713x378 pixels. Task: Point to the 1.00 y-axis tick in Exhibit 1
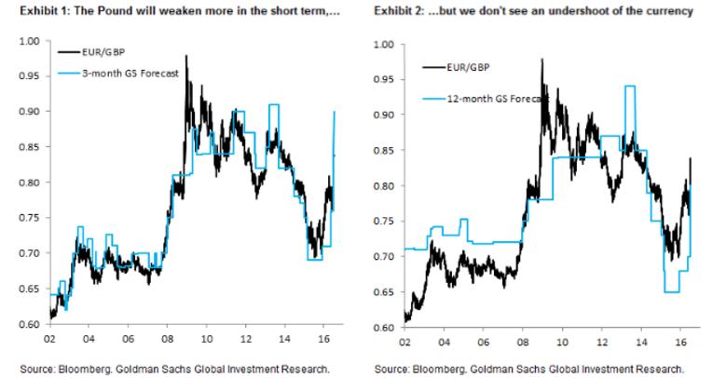tap(27, 42)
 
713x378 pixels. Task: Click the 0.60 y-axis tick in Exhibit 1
tap(27, 324)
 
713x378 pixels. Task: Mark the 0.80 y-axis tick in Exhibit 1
tap(27, 182)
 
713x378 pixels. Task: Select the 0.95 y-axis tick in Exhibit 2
tap(384, 79)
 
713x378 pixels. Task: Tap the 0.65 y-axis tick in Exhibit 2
tap(384, 292)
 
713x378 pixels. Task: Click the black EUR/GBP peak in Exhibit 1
tap(186, 57)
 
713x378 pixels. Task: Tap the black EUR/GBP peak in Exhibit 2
tap(542, 61)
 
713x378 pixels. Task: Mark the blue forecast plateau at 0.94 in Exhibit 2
tap(630, 86)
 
